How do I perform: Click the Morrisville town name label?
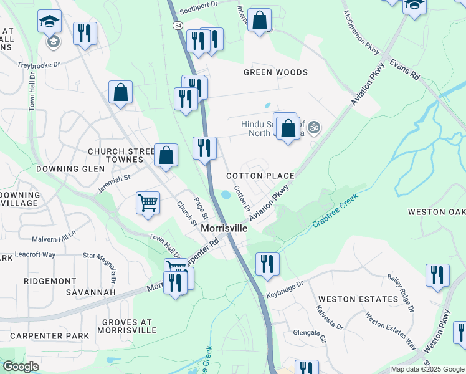224,229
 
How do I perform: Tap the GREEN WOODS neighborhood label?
275,72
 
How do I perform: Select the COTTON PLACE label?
260,176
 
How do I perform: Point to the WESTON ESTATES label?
356,299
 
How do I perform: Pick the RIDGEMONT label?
50,281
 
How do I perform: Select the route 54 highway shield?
178,24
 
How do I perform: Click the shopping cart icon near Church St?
148,202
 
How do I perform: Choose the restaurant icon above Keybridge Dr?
267,262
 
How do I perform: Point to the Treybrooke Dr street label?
39,64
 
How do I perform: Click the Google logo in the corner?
21,367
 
